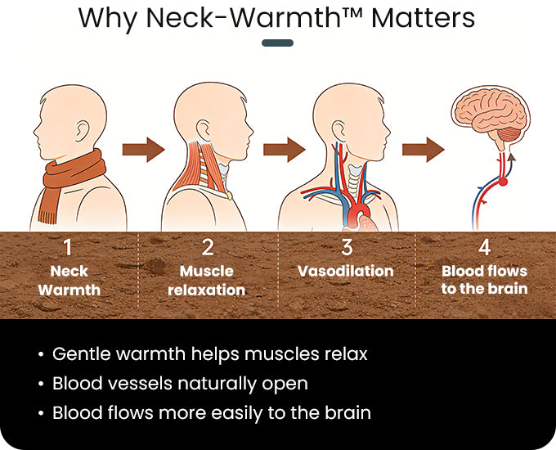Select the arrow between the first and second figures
144,150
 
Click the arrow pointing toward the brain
424,150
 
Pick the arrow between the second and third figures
285,150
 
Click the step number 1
67,247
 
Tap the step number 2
208,247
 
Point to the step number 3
347,247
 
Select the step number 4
484,247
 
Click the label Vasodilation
346,271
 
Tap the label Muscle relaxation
207,281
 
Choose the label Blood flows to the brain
484,280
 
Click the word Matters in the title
423,18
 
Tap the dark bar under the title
278,43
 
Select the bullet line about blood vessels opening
180,384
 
